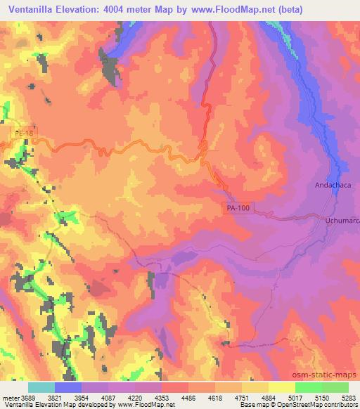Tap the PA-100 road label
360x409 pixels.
pos(238,208)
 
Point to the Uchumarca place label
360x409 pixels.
pos(340,221)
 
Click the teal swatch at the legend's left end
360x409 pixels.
pos(41,387)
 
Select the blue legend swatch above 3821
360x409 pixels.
pos(68,387)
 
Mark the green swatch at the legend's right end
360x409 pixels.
pos(335,387)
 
